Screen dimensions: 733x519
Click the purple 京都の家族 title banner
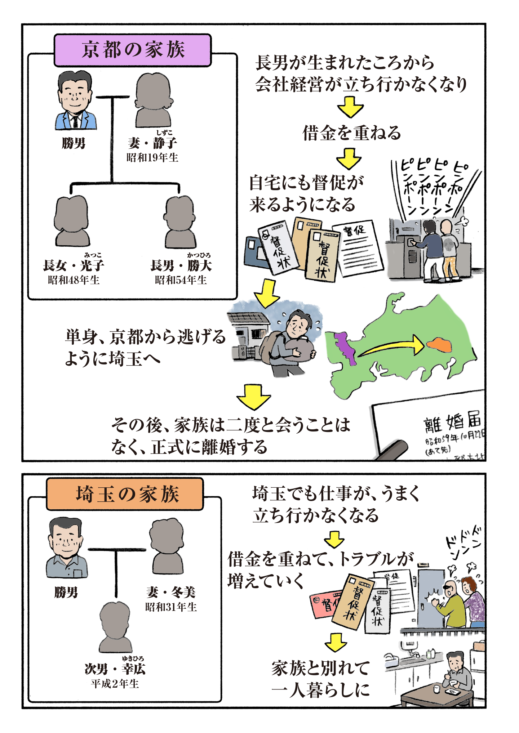coord(133,50)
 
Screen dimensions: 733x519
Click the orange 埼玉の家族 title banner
coord(125,494)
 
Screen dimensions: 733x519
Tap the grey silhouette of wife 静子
coord(153,101)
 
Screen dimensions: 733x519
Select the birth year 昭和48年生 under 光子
coord(74,280)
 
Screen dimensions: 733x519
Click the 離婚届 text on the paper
coord(453,421)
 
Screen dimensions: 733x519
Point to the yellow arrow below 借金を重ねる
coord(349,159)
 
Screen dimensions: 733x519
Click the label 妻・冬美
coord(171,592)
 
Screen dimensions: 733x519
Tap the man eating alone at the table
coord(457,670)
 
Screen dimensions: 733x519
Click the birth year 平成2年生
coord(115,684)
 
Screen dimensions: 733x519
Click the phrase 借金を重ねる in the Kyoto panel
coord(351,133)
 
